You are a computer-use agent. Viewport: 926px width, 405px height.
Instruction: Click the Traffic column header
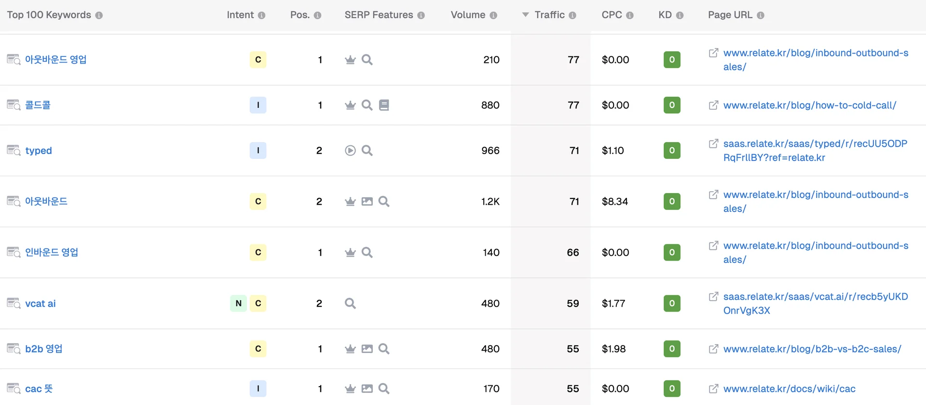pos(549,15)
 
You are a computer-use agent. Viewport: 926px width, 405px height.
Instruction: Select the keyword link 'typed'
pos(39,151)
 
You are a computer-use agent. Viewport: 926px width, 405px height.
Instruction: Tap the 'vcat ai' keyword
pos(41,304)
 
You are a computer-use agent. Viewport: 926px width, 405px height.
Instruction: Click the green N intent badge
pos(238,303)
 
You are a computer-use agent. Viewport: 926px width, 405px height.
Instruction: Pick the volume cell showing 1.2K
pos(490,202)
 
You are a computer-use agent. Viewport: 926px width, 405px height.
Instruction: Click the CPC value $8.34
pos(614,202)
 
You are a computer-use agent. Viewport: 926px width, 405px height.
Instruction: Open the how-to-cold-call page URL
pos(809,105)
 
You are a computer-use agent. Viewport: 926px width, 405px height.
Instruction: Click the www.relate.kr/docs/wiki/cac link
pos(789,389)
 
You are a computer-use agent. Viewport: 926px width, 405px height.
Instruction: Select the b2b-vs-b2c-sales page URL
pos(812,349)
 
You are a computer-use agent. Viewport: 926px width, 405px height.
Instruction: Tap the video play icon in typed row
pos(350,151)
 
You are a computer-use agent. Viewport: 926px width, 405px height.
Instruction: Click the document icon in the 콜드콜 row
pos(384,105)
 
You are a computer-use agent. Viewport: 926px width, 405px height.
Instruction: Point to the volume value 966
pos(490,151)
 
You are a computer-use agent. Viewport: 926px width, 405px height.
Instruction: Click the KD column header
pos(665,15)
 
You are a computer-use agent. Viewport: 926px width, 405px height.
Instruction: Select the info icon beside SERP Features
pos(421,15)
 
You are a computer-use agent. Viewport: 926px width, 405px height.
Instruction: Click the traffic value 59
pos(572,304)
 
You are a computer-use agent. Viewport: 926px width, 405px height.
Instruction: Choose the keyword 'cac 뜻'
pos(39,389)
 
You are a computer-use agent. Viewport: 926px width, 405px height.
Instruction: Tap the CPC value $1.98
pos(613,349)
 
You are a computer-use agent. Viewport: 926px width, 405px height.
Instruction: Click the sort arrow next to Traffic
pos(525,15)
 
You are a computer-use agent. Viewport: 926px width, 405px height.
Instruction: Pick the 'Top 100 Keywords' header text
pos(49,15)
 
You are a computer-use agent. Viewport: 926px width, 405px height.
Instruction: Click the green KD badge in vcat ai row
pos(672,303)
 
